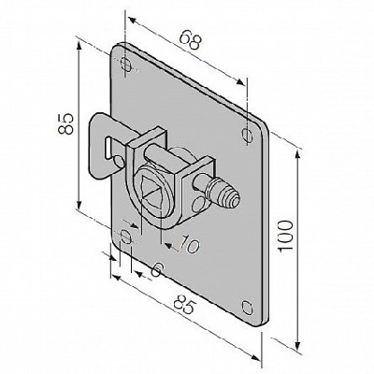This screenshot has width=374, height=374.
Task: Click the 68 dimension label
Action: pos(191,40)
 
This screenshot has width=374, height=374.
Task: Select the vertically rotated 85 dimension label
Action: pos(65,123)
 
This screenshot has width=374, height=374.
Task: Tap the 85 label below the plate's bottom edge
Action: pos(184,303)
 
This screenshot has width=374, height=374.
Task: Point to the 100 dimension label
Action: pos(285,235)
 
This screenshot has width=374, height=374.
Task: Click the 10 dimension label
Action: pos(189,244)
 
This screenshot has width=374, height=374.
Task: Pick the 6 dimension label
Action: pos(158,269)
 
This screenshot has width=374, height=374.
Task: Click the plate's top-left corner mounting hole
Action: pos(126,64)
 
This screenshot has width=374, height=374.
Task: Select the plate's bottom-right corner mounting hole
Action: pos(247,308)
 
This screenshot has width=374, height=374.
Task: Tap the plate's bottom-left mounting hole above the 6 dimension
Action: pos(126,237)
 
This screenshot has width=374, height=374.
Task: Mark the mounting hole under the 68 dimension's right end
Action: pos(248,136)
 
